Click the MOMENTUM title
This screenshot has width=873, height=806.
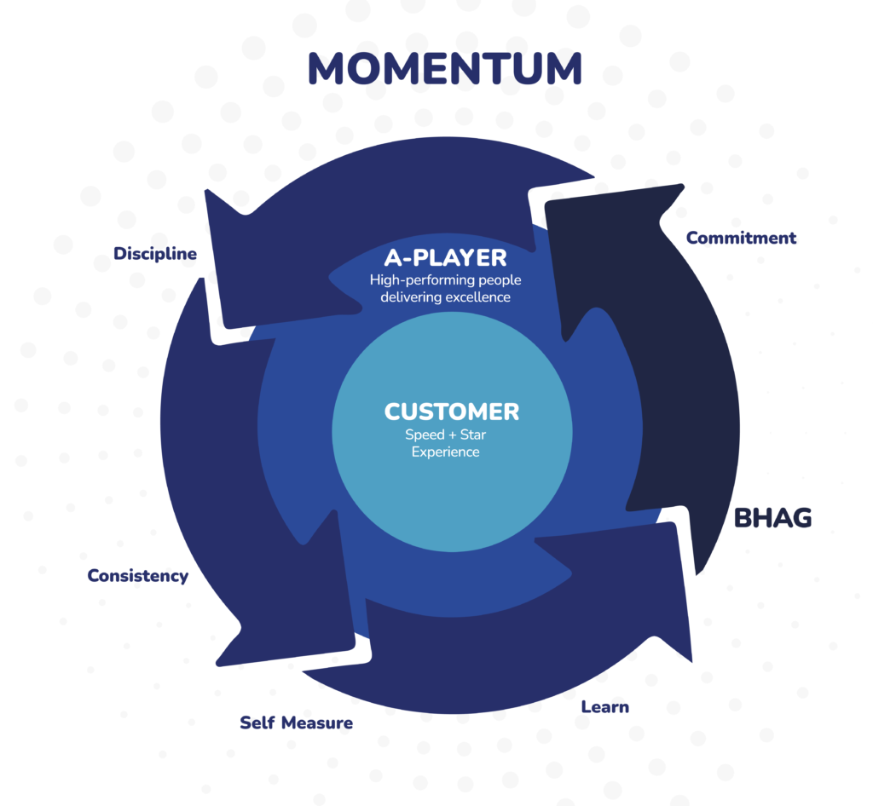444,68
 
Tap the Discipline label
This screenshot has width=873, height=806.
155,254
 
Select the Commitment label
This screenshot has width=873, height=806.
741,238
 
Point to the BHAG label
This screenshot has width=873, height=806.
772,517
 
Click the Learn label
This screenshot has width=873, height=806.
604,706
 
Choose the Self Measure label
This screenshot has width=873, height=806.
296,723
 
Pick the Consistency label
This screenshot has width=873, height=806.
137,576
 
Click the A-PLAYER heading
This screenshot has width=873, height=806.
444,257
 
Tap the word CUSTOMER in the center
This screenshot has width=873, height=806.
451,412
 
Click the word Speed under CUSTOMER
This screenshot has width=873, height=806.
424,435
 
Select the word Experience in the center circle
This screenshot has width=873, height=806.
445,452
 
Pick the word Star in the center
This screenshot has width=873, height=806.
469,435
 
